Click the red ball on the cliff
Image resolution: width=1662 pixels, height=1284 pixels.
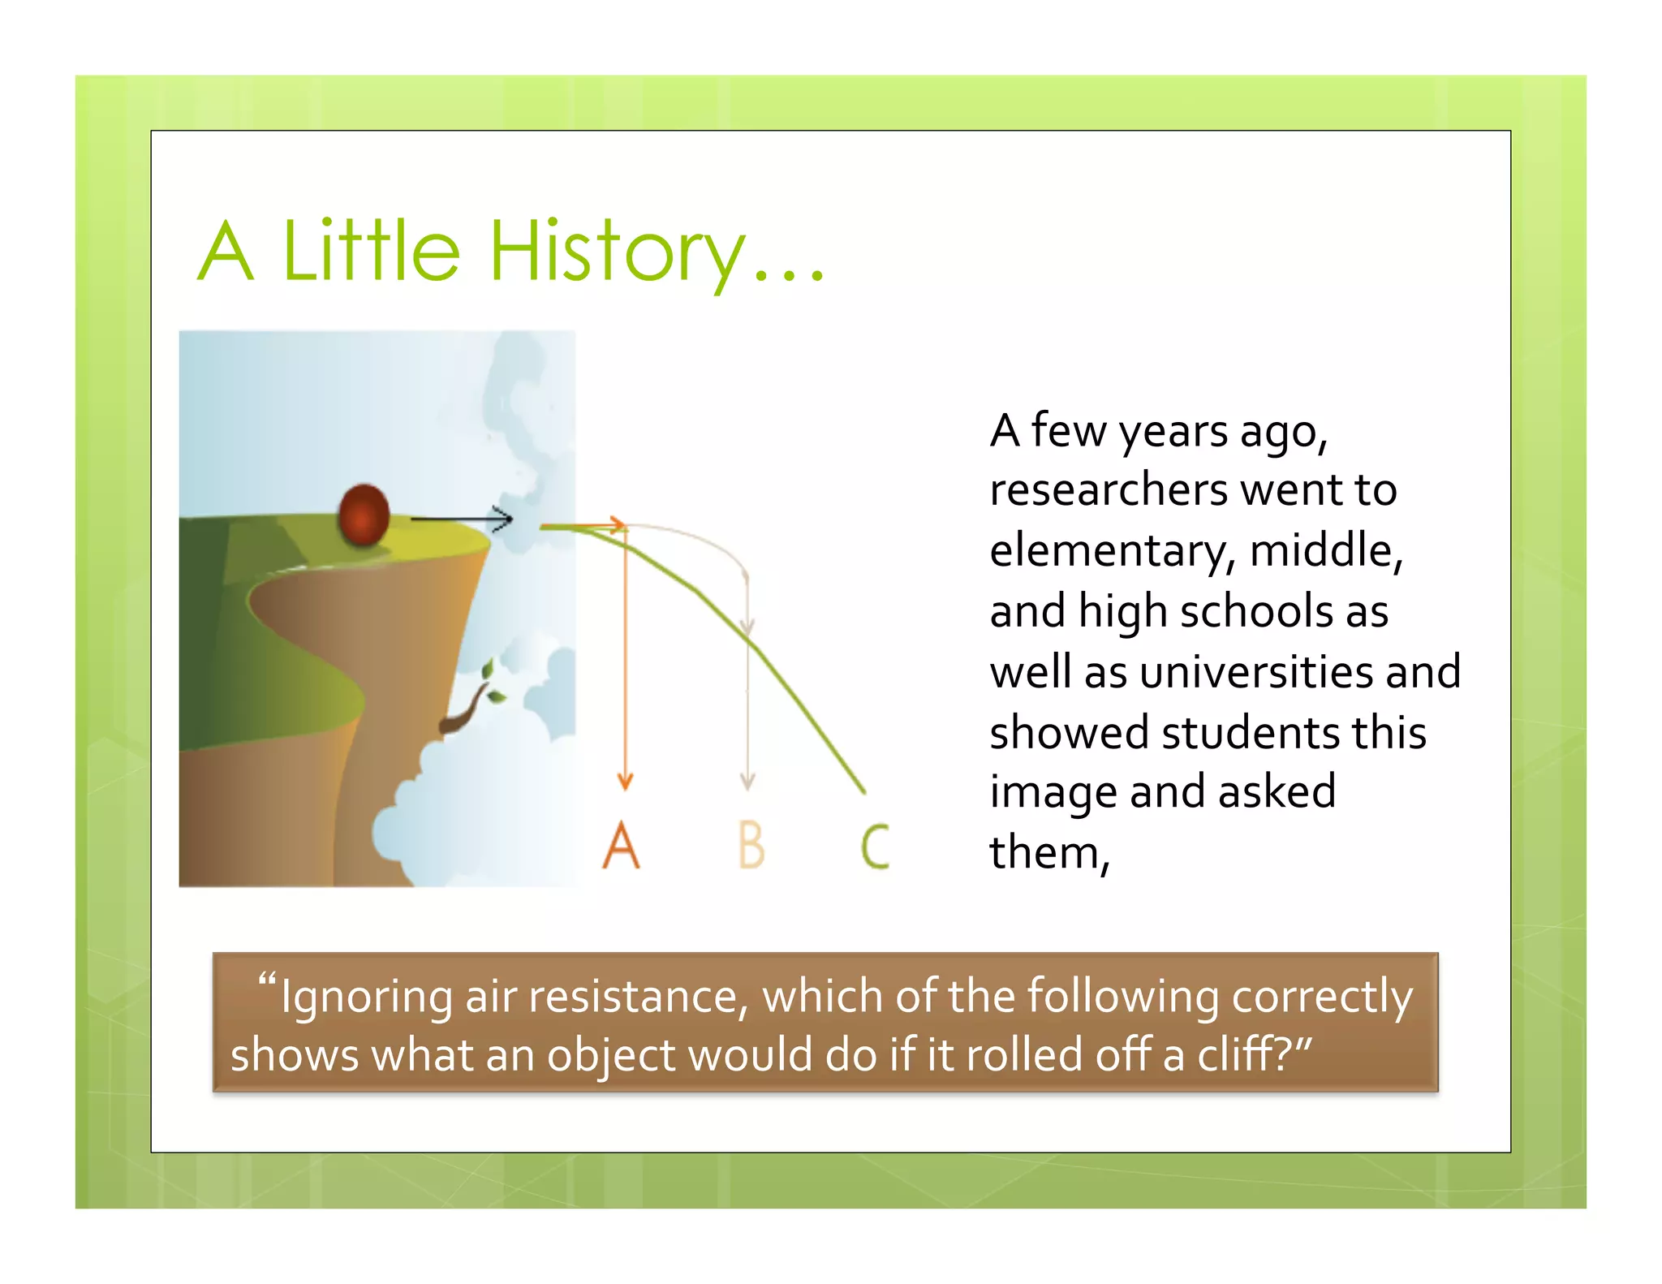(363, 515)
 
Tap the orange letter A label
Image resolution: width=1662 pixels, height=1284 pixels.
(621, 845)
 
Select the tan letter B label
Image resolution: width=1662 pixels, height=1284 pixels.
(751, 845)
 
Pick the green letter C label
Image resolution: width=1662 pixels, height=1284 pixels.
(875, 846)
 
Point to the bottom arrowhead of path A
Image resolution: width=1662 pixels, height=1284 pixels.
(625, 782)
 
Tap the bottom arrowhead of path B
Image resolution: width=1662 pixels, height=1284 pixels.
(747, 782)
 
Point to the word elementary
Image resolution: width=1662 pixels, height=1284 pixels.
(1109, 552)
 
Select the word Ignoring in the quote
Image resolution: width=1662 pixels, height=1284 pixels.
(366, 998)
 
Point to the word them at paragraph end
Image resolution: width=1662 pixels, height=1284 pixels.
(1044, 853)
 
